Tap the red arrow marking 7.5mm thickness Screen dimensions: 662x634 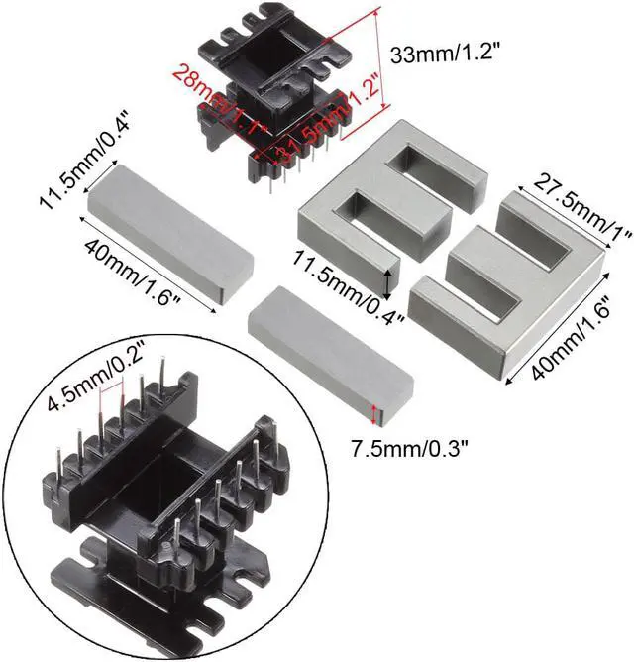tap(373, 414)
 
